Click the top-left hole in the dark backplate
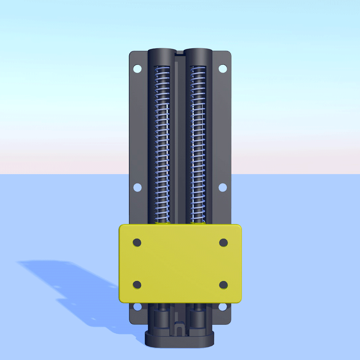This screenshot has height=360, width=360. pyautogui.click(x=137, y=69)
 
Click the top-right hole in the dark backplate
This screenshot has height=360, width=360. pyautogui.click(x=223, y=69)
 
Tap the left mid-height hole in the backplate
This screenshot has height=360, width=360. pyautogui.click(x=137, y=187)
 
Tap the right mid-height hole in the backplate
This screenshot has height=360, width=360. pyautogui.click(x=223, y=187)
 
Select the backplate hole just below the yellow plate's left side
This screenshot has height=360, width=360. pyautogui.click(x=137, y=306)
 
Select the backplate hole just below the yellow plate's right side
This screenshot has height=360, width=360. pyautogui.click(x=222, y=306)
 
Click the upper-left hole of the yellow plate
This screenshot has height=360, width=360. pyautogui.click(x=137, y=243)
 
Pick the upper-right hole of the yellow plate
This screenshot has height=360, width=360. pyautogui.click(x=223, y=243)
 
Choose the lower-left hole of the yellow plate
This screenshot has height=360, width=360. pyautogui.click(x=137, y=285)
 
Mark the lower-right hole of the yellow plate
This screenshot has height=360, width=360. pyautogui.click(x=223, y=285)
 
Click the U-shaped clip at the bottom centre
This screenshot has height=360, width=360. pyautogui.click(x=180, y=329)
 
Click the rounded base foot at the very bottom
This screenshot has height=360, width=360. pyautogui.click(x=180, y=340)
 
